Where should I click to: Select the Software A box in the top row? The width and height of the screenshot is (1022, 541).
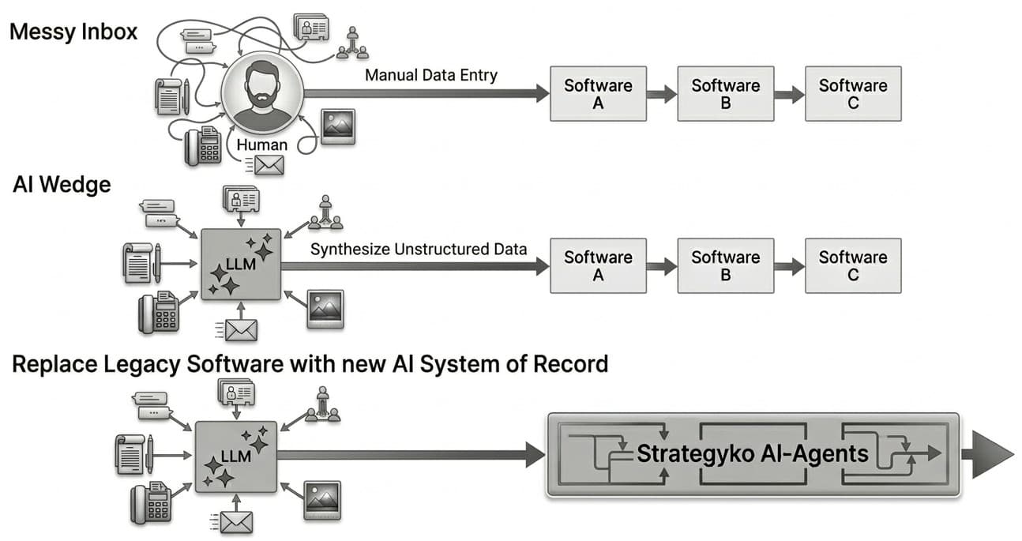pyautogui.click(x=598, y=94)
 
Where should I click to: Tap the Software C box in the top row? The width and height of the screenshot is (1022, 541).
pyautogui.click(x=852, y=94)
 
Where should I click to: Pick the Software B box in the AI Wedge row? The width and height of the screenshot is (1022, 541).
pyautogui.click(x=725, y=265)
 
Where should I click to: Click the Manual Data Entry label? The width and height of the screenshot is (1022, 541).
pyautogui.click(x=431, y=76)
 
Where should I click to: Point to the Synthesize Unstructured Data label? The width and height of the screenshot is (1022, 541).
pyautogui.click(x=419, y=250)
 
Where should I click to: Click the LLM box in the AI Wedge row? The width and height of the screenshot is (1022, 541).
pyautogui.click(x=241, y=265)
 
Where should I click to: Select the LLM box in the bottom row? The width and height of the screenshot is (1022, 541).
pyautogui.click(x=235, y=456)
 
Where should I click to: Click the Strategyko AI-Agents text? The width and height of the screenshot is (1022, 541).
pyautogui.click(x=752, y=453)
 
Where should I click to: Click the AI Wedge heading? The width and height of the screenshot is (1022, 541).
pyautogui.click(x=62, y=185)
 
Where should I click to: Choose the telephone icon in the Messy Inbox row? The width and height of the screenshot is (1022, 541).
pyautogui.click(x=202, y=146)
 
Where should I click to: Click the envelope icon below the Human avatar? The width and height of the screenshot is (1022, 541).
pyautogui.click(x=269, y=165)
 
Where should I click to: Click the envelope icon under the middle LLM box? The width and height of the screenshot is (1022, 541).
pyautogui.click(x=240, y=329)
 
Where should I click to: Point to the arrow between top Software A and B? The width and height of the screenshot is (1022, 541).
pyautogui.click(x=662, y=94)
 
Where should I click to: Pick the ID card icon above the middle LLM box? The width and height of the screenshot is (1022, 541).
pyautogui.click(x=241, y=197)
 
